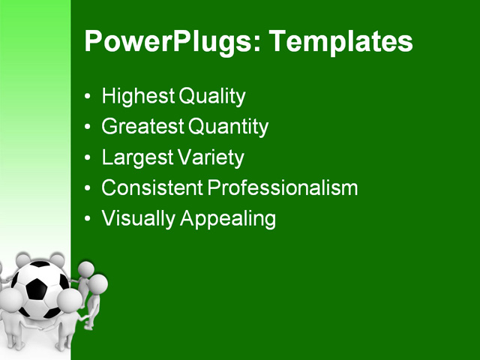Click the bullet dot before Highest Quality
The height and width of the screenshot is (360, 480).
pyautogui.click(x=89, y=97)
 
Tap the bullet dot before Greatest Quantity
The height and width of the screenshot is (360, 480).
pyautogui.click(x=89, y=128)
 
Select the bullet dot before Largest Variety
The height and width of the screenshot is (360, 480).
pyautogui.click(x=89, y=159)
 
